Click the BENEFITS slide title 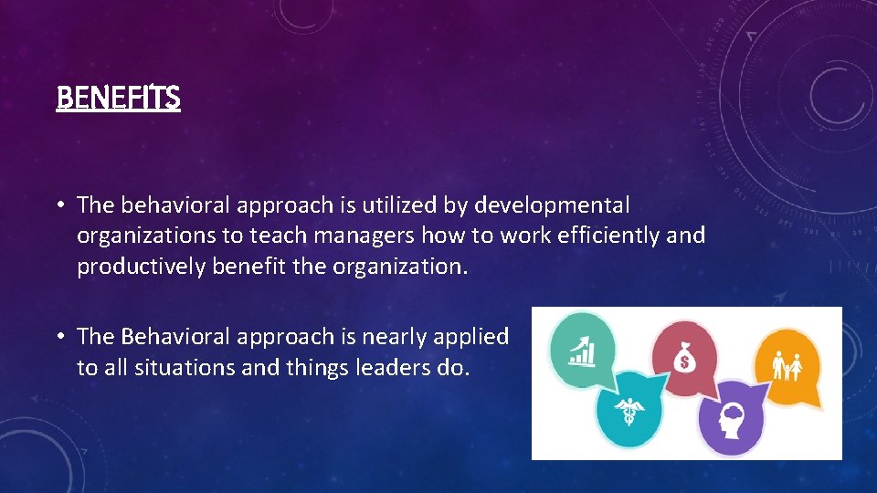point(118,97)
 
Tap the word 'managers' point(363,236)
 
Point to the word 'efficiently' point(610,236)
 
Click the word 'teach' point(278,236)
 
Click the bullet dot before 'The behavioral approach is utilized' point(60,206)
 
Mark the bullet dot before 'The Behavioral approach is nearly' point(60,338)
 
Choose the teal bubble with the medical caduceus point(629,408)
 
